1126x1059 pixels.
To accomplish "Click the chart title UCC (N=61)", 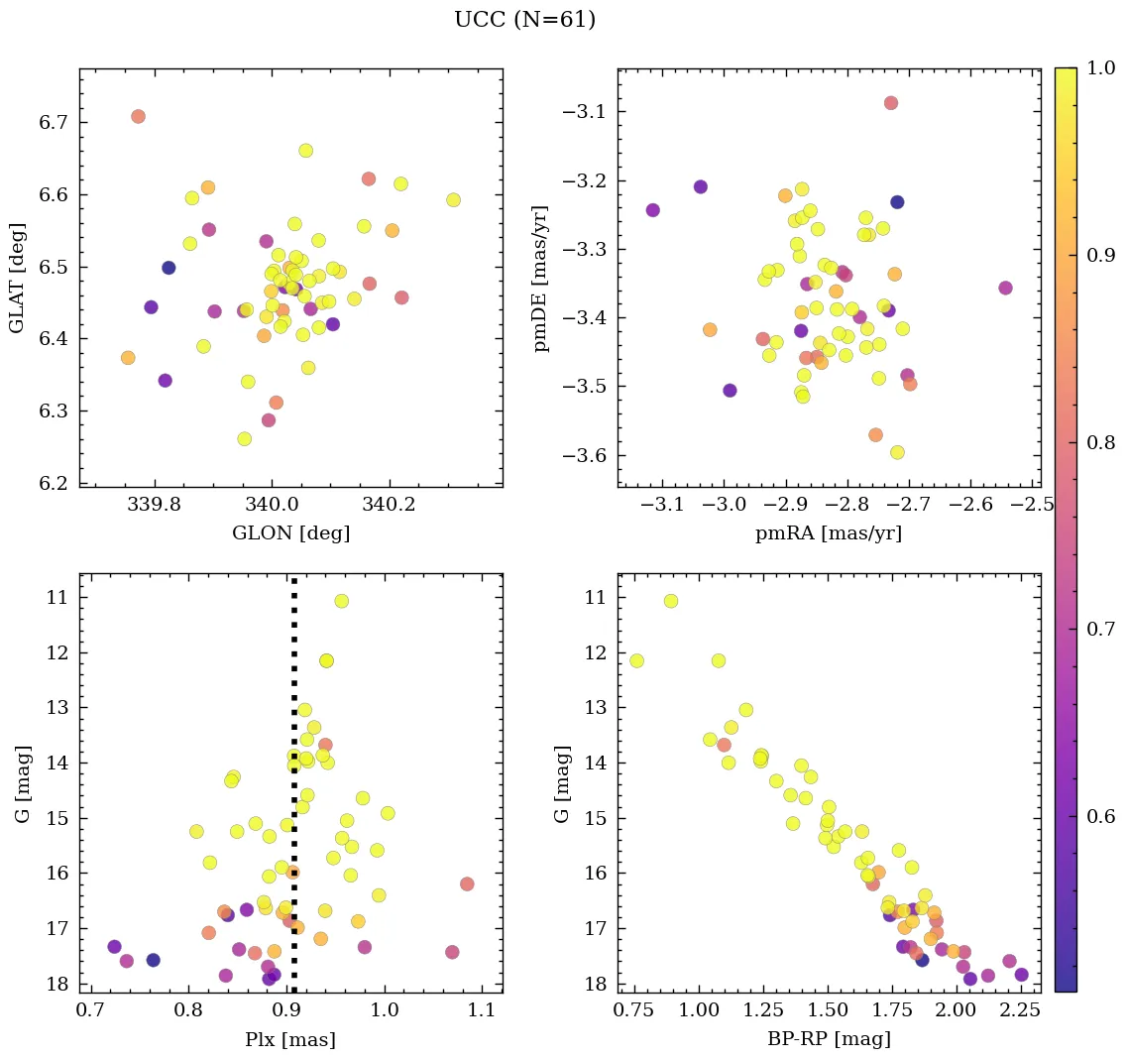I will (x=524, y=20).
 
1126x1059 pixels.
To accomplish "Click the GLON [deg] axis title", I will (x=290, y=533).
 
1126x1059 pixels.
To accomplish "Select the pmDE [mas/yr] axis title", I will (x=541, y=279).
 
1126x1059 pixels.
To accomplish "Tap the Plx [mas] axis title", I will (x=290, y=1039).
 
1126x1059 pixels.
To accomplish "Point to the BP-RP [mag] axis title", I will (x=829, y=1039).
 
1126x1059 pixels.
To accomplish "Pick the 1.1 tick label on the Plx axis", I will (x=482, y=1012).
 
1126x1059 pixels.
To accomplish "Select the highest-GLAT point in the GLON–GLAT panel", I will (x=138, y=116).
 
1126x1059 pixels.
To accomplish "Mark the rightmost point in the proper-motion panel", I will (x=1005, y=288).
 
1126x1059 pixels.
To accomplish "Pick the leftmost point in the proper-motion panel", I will (x=652, y=210).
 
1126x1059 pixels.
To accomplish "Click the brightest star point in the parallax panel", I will (x=341, y=601).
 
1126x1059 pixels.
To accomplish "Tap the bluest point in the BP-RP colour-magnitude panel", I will (x=636, y=661).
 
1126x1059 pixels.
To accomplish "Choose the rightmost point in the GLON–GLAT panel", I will (x=453, y=199).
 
